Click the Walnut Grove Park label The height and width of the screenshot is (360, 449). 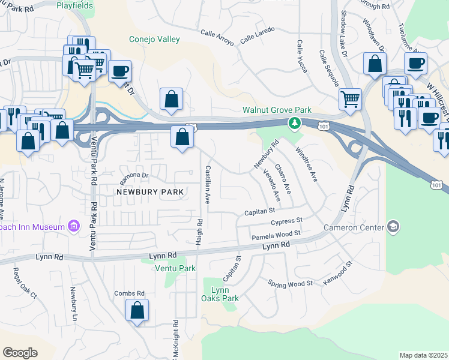pos(277,110)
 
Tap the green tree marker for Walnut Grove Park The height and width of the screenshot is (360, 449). pos(294,124)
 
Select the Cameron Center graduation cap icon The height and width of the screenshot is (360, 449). pos(393,227)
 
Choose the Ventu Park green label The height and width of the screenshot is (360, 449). pos(175,268)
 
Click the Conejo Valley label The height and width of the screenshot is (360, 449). pos(154,40)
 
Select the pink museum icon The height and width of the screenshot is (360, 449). pos(73,227)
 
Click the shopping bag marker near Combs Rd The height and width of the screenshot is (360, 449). pos(137,310)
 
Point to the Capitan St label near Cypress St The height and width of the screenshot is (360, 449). pos(259,211)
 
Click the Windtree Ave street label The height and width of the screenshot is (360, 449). pos(306,166)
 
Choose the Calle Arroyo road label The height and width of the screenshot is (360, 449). pos(217,37)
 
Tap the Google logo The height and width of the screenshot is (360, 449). pos(20,353)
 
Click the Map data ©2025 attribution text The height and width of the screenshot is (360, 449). pos(423,355)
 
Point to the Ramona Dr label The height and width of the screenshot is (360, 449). pos(133,176)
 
